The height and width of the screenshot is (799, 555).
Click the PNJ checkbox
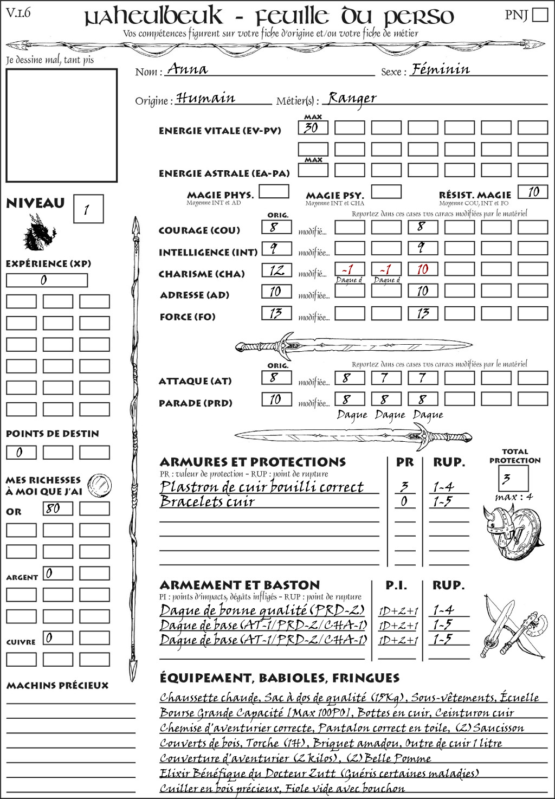pyautogui.click(x=540, y=15)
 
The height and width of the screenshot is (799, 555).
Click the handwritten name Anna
pyautogui.click(x=187, y=69)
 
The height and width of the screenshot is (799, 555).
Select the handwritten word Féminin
pyautogui.click(x=441, y=69)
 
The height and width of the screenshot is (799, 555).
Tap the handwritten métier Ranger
pyautogui.click(x=352, y=98)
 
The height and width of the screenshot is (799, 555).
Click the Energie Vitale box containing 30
pyautogui.click(x=313, y=128)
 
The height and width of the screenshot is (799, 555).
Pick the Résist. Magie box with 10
pyautogui.click(x=533, y=191)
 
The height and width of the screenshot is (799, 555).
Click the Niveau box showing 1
pyautogui.click(x=88, y=209)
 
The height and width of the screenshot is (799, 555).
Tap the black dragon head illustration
pyautogui.click(x=39, y=233)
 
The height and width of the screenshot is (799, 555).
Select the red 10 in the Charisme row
pyautogui.click(x=423, y=269)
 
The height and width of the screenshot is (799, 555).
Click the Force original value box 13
pyautogui.click(x=276, y=313)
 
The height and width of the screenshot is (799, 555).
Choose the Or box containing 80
pyautogui.click(x=57, y=508)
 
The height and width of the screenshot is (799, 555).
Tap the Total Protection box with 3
pyautogui.click(x=513, y=478)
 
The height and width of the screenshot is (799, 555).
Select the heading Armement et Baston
pyautogui.click(x=240, y=585)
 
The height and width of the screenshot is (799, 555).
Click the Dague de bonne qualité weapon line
pyautogui.click(x=262, y=610)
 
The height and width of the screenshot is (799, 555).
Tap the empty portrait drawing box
pyautogui.click(x=61, y=125)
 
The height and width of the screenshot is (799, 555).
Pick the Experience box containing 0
pyautogui.click(x=47, y=280)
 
